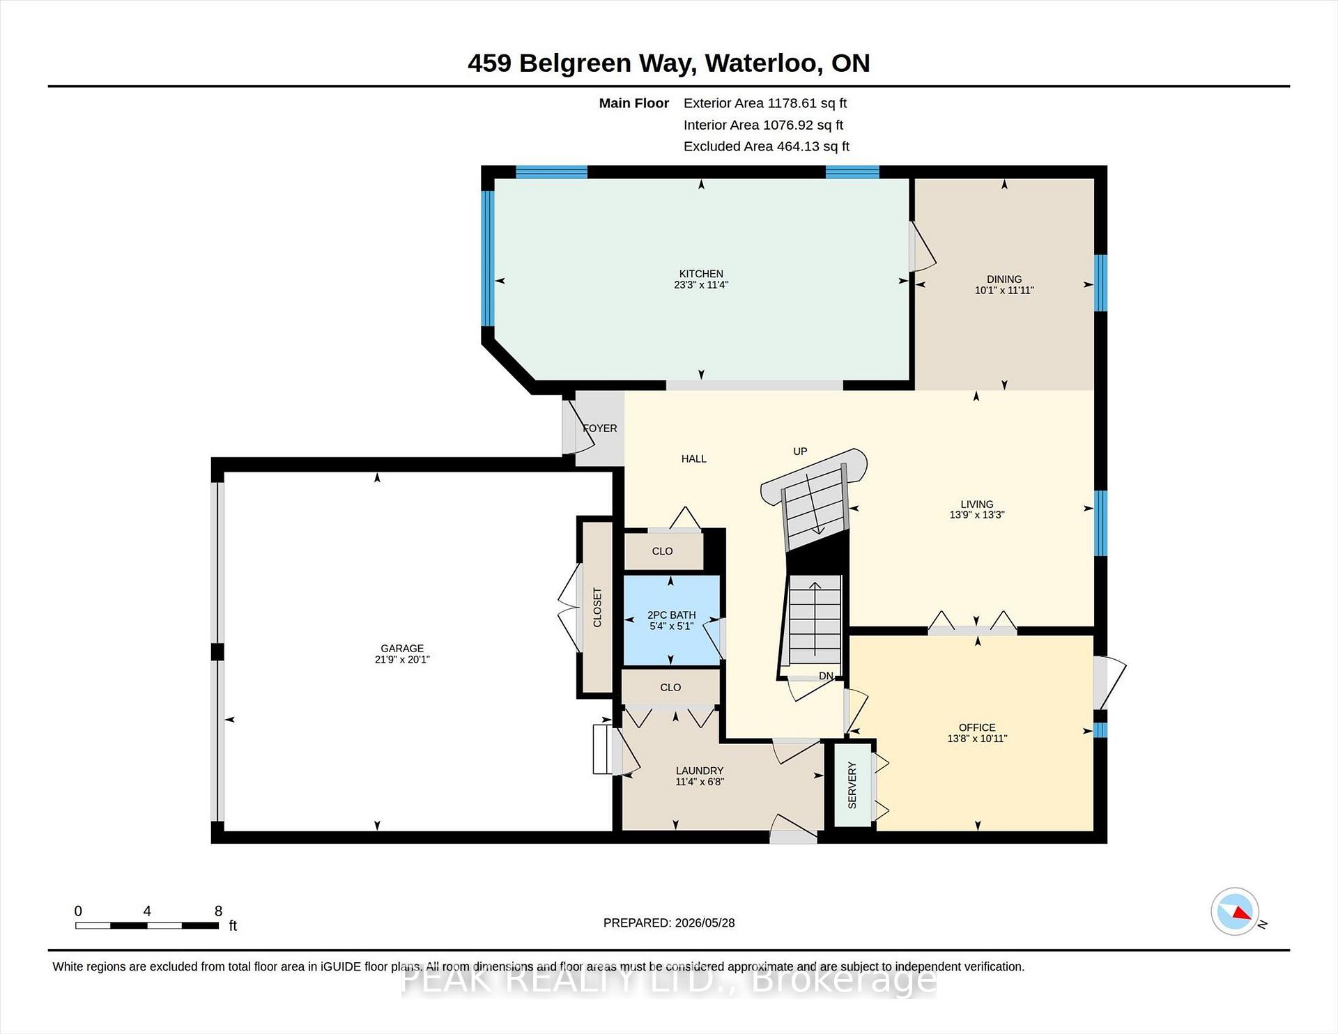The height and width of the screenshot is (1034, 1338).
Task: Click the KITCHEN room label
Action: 701,274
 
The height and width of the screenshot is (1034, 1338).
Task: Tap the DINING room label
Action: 1004,279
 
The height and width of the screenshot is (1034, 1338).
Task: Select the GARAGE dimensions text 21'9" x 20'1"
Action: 402,659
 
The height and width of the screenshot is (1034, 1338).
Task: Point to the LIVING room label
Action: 977,504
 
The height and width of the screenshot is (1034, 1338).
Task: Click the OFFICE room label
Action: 977,727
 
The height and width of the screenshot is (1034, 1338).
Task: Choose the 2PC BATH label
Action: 672,615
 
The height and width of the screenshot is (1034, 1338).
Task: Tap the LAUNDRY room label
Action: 700,771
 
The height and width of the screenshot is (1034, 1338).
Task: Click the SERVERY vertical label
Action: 852,785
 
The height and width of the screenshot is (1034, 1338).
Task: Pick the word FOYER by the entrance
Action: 600,429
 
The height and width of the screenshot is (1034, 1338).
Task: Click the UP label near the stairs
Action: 800,452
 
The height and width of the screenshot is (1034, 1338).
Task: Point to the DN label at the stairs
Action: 826,676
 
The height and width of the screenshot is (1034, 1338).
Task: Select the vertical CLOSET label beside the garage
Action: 597,608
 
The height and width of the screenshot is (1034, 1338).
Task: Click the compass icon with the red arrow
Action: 1235,911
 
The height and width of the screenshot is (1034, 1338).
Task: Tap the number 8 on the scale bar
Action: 218,911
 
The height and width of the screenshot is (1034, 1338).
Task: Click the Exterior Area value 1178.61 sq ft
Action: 807,103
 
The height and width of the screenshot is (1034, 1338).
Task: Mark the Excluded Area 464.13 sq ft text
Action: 767,146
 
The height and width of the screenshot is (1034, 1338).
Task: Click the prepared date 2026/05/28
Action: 705,923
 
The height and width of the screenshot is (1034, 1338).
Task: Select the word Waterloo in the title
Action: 761,63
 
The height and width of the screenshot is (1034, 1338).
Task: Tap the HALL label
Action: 694,458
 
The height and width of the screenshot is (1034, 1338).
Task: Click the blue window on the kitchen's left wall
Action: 488,258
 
